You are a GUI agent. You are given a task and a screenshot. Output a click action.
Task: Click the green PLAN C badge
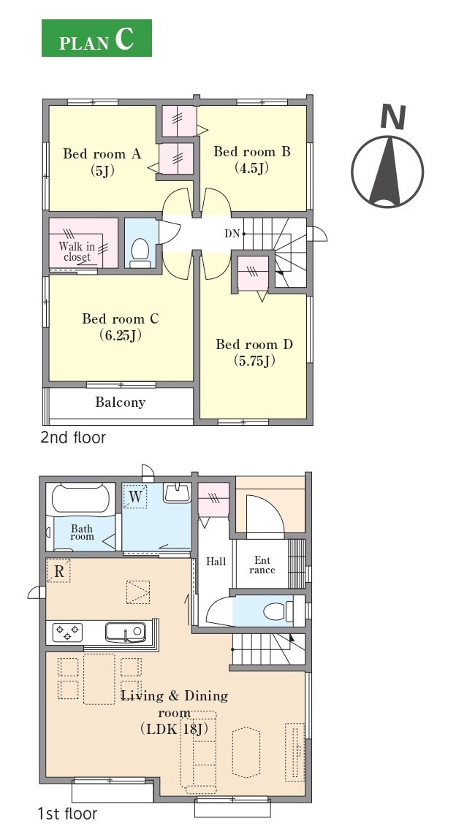pyautogui.click(x=96, y=38)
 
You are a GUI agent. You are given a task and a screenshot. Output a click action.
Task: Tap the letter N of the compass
pyautogui.click(x=394, y=118)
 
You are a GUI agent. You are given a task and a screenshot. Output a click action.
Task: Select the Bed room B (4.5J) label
pyautogui.click(x=252, y=159)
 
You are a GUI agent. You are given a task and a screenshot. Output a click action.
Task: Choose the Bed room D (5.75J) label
pyautogui.click(x=254, y=352)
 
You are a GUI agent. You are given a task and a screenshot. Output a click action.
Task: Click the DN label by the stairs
pyautogui.click(x=232, y=233)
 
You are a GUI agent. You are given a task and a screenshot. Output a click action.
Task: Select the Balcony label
pyautogui.click(x=120, y=402)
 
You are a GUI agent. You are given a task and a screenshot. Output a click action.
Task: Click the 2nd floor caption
pyautogui.click(x=73, y=437)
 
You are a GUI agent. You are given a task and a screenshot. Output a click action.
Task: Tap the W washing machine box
pyautogui.click(x=136, y=497)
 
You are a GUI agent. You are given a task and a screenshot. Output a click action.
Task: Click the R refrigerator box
pyautogui.click(x=58, y=571)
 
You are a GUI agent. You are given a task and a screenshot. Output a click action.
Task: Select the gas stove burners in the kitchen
pyautogui.click(x=67, y=632)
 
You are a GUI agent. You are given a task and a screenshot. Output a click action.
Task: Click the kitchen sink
pyautogui.click(x=125, y=632)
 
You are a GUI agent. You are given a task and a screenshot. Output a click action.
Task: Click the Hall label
pyautogui.click(x=216, y=562)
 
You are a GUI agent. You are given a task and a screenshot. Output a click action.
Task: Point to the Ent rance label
pyautogui.click(x=262, y=565)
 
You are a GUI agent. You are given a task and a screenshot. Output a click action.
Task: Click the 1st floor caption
pyautogui.click(x=67, y=814)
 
